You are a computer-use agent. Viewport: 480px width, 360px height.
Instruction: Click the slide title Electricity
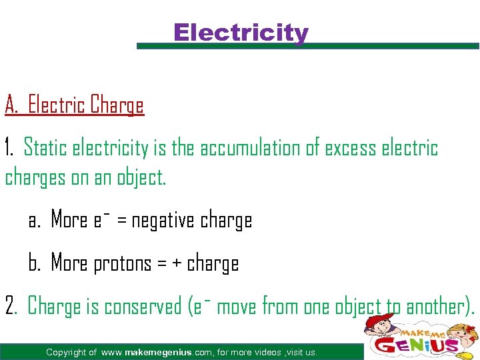241,33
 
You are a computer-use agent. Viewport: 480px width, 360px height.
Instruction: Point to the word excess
350,148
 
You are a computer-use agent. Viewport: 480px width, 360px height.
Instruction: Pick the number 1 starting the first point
8,148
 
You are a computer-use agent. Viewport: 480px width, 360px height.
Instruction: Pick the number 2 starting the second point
10,307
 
